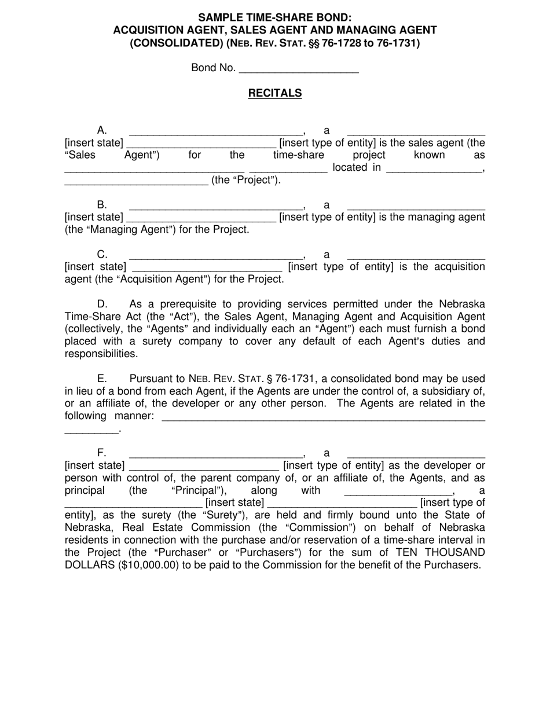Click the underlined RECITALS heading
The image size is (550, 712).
coord(275,93)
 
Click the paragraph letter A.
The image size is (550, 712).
coord(102,130)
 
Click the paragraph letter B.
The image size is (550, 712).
coord(102,205)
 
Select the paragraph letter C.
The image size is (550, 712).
coord(102,254)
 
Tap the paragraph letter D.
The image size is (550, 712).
coord(102,304)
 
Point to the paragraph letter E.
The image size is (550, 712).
coord(102,379)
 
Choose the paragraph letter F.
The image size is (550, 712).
coord(102,453)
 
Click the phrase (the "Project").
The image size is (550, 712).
coord(246,180)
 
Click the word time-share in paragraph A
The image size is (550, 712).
coord(298,155)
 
